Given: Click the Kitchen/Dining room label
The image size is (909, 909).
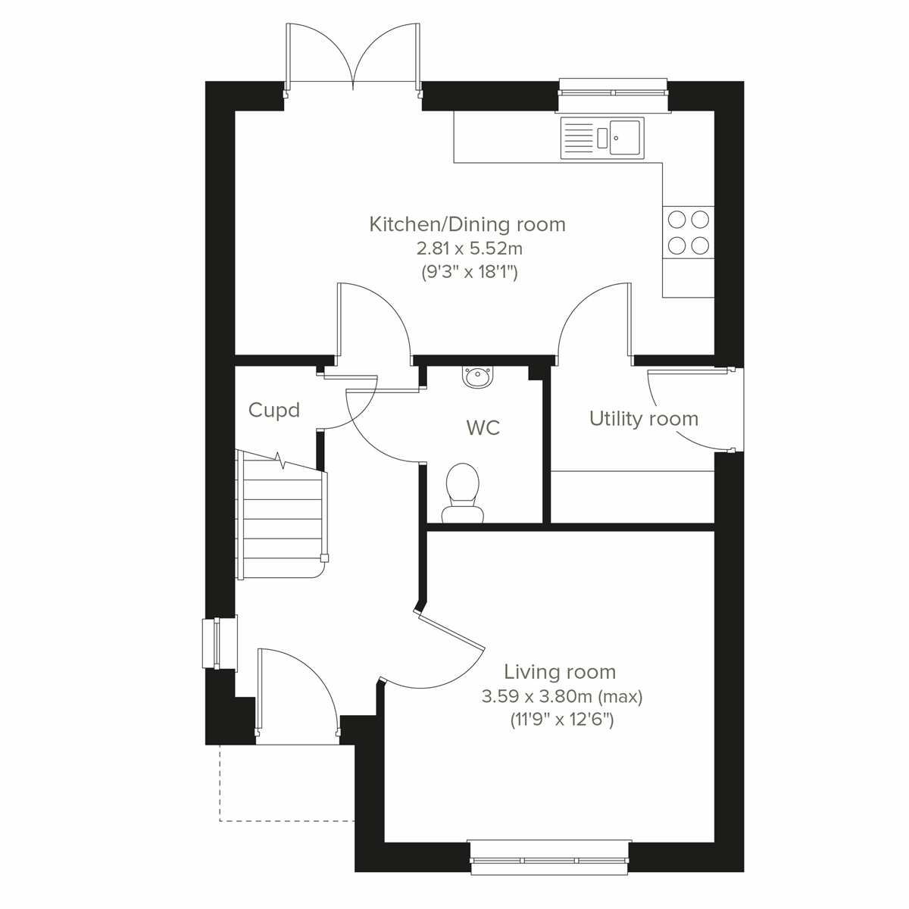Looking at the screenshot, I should point(467,224).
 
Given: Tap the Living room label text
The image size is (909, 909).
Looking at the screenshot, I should point(560,671).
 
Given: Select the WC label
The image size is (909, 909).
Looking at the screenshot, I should point(483,428).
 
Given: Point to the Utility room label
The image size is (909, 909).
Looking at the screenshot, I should point(643,419).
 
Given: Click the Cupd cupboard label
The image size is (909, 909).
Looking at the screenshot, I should point(274,411).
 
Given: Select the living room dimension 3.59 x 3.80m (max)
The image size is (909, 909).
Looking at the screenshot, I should point(561,696).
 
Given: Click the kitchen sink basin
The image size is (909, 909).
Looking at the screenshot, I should point(625,137).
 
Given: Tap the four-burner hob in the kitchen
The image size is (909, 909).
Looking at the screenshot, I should point(688,232).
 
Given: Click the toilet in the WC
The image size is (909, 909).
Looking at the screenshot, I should point(461,492).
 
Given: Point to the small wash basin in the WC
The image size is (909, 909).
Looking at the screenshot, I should point(478,376).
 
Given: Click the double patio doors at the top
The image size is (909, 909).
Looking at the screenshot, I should point(353,57).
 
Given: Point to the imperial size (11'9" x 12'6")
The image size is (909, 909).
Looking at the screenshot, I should point(561,720).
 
